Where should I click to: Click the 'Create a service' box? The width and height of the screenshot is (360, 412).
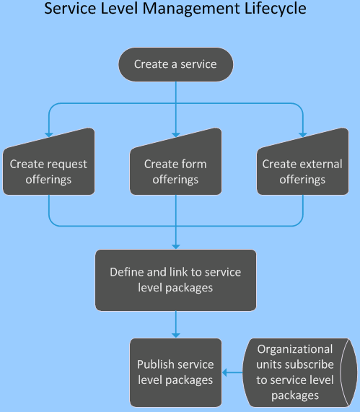[x=175, y=64]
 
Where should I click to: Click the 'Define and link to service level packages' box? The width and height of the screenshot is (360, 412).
[x=175, y=280]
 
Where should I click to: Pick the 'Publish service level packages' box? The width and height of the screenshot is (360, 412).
[x=175, y=372]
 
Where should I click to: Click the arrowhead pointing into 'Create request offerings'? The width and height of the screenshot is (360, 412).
[x=48, y=133]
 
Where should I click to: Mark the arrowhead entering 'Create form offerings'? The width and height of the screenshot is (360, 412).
[x=175, y=133]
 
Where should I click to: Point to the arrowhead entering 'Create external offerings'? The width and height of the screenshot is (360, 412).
[x=302, y=133]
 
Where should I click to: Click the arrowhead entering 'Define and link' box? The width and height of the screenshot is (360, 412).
[x=175, y=246]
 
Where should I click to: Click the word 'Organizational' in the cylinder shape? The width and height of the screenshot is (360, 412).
[x=295, y=349]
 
